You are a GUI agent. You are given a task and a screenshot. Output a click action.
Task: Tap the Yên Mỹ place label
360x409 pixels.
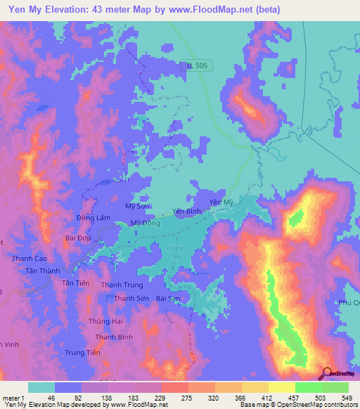220,202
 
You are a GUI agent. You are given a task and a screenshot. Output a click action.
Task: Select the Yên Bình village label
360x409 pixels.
188,211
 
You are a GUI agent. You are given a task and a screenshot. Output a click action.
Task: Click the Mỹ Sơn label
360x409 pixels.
136,207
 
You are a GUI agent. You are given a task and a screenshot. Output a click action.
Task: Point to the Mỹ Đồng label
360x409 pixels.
146,223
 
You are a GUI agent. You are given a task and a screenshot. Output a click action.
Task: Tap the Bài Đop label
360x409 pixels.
79,238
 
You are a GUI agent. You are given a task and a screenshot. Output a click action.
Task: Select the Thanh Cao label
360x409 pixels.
30,259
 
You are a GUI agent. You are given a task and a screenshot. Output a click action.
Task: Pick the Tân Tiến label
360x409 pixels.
77,283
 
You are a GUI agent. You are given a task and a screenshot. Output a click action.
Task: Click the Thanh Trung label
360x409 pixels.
122,285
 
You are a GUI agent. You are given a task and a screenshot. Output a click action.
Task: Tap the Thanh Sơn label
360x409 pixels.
130,299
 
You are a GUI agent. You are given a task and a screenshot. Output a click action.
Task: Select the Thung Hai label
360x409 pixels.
105,321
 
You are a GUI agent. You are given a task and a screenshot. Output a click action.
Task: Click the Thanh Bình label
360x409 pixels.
114,337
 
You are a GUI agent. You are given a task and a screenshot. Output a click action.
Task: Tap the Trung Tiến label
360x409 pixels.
84,353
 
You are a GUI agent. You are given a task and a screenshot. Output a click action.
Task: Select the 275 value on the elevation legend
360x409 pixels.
187,398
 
